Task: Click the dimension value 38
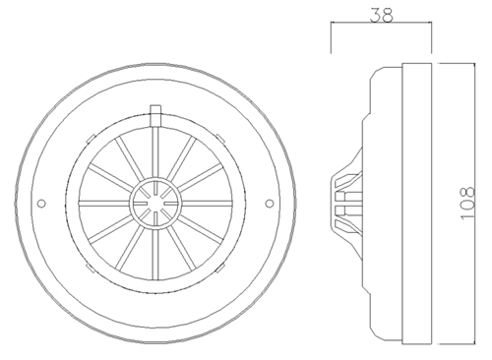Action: coord(381,15)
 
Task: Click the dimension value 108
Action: coord(467,204)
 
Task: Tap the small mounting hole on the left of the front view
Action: coord(41,204)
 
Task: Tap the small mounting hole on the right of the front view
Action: coord(270,204)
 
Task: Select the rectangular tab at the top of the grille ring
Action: coord(155,115)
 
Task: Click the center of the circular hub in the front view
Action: coord(155,204)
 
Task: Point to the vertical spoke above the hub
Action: coord(155,152)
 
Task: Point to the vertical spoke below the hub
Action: coord(155,255)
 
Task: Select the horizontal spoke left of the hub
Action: coord(104,204)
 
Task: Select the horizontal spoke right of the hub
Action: coord(207,204)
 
